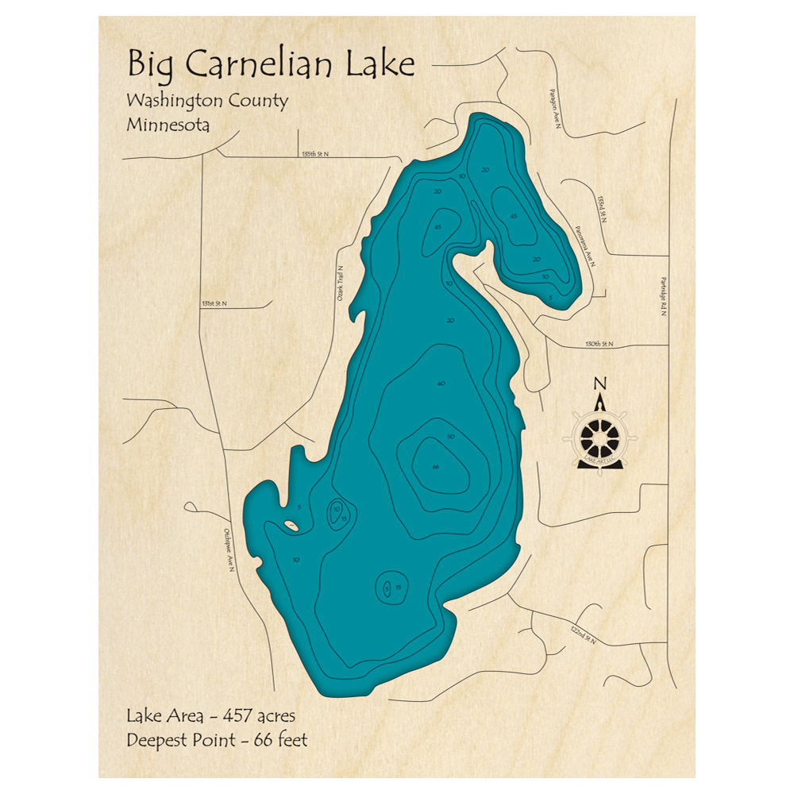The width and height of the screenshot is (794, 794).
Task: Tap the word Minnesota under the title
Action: click(168, 125)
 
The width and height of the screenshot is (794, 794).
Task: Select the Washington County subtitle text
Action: click(206, 102)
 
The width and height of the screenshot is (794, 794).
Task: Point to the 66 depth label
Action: click(435, 466)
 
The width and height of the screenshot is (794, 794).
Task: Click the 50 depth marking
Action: click(450, 437)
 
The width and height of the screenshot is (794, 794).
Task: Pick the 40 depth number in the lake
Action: click(441, 384)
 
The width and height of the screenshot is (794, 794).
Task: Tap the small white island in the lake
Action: click(291, 525)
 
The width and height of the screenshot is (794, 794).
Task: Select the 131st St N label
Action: click(214, 303)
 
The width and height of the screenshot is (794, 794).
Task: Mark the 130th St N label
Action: click(599, 344)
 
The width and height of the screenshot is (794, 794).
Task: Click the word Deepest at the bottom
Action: click(156, 740)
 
